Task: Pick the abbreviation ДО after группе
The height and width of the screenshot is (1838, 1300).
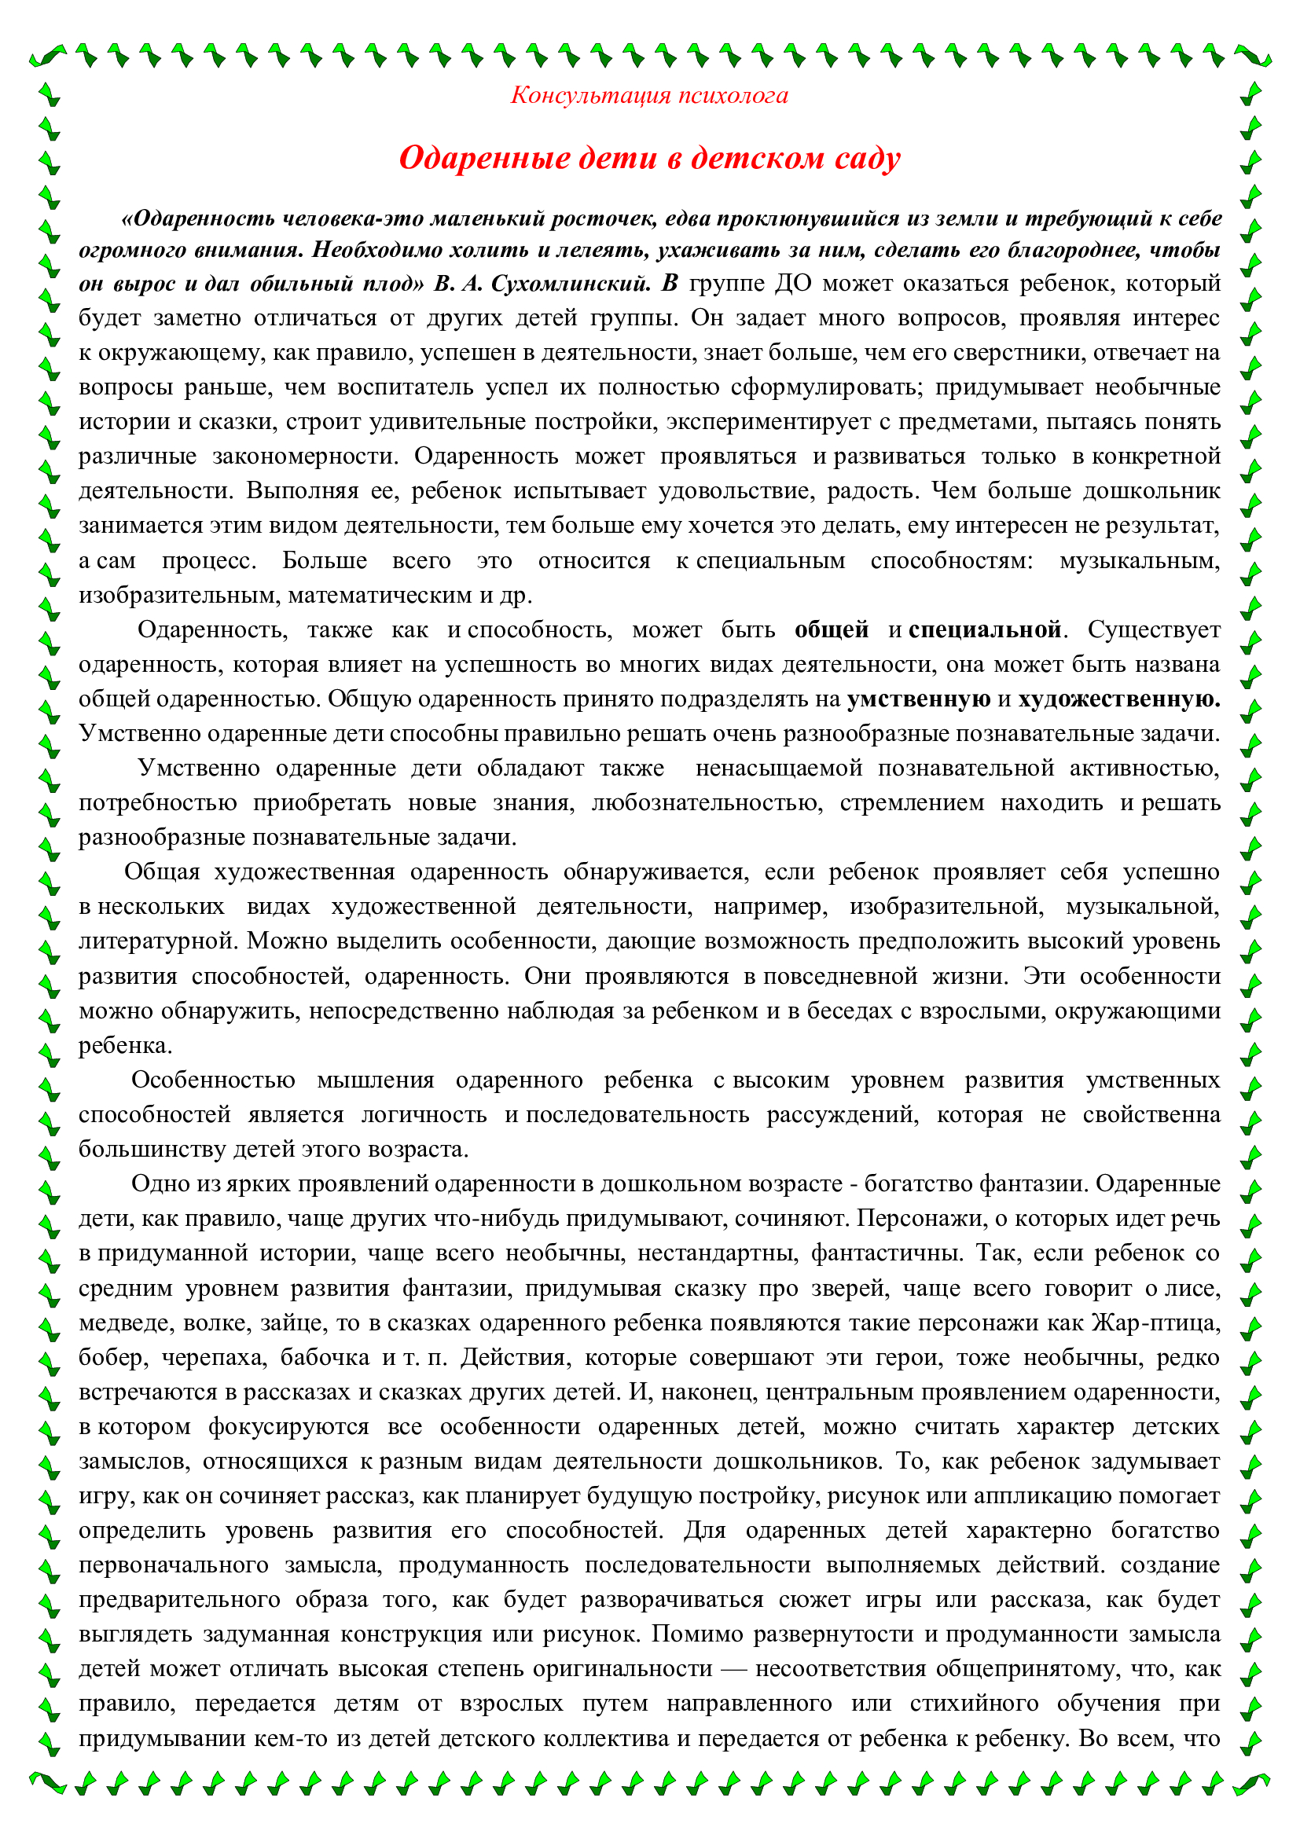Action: click(792, 284)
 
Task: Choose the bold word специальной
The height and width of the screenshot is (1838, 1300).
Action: click(985, 630)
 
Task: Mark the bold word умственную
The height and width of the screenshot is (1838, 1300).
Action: click(918, 699)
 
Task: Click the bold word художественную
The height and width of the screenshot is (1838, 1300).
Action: click(1118, 699)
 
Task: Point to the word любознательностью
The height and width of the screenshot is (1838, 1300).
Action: click(707, 803)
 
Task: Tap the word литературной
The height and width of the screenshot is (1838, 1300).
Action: click(157, 941)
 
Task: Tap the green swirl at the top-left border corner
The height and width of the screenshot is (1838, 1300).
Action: click(47, 56)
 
